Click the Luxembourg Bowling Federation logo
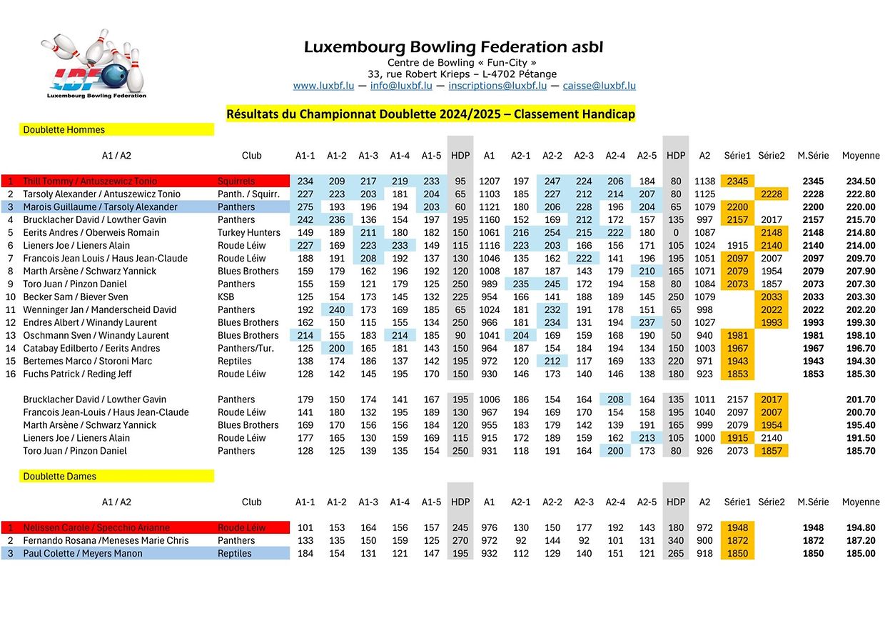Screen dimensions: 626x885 (x=96, y=66)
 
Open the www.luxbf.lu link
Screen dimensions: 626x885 (x=323, y=86)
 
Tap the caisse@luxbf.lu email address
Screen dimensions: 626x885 (x=599, y=86)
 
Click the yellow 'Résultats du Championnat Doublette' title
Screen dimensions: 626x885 (x=430, y=114)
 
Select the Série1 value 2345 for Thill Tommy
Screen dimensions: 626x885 (x=737, y=182)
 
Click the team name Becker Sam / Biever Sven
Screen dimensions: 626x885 (x=76, y=297)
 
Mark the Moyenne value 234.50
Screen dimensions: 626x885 (x=861, y=182)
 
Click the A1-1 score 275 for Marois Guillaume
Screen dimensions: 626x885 (x=305, y=207)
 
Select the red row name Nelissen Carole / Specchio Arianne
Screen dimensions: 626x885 (x=96, y=528)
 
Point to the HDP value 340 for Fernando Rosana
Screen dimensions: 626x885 (x=675, y=541)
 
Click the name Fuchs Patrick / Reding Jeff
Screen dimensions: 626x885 (x=78, y=374)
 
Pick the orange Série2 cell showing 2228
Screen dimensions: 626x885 (x=771, y=194)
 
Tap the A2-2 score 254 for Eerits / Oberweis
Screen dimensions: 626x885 (x=552, y=233)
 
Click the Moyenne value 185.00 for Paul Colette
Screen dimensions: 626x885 (x=861, y=554)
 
